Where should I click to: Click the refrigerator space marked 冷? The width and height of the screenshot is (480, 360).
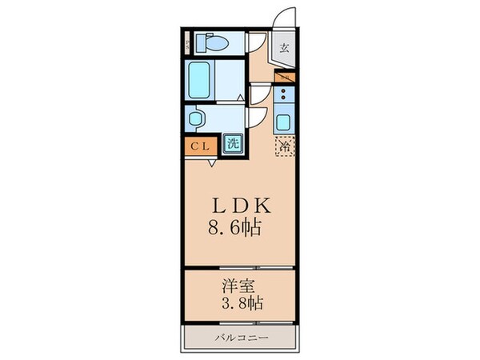284,146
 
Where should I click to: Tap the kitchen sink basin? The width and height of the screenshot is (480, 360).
284,123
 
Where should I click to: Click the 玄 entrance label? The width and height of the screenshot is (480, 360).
285,46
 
